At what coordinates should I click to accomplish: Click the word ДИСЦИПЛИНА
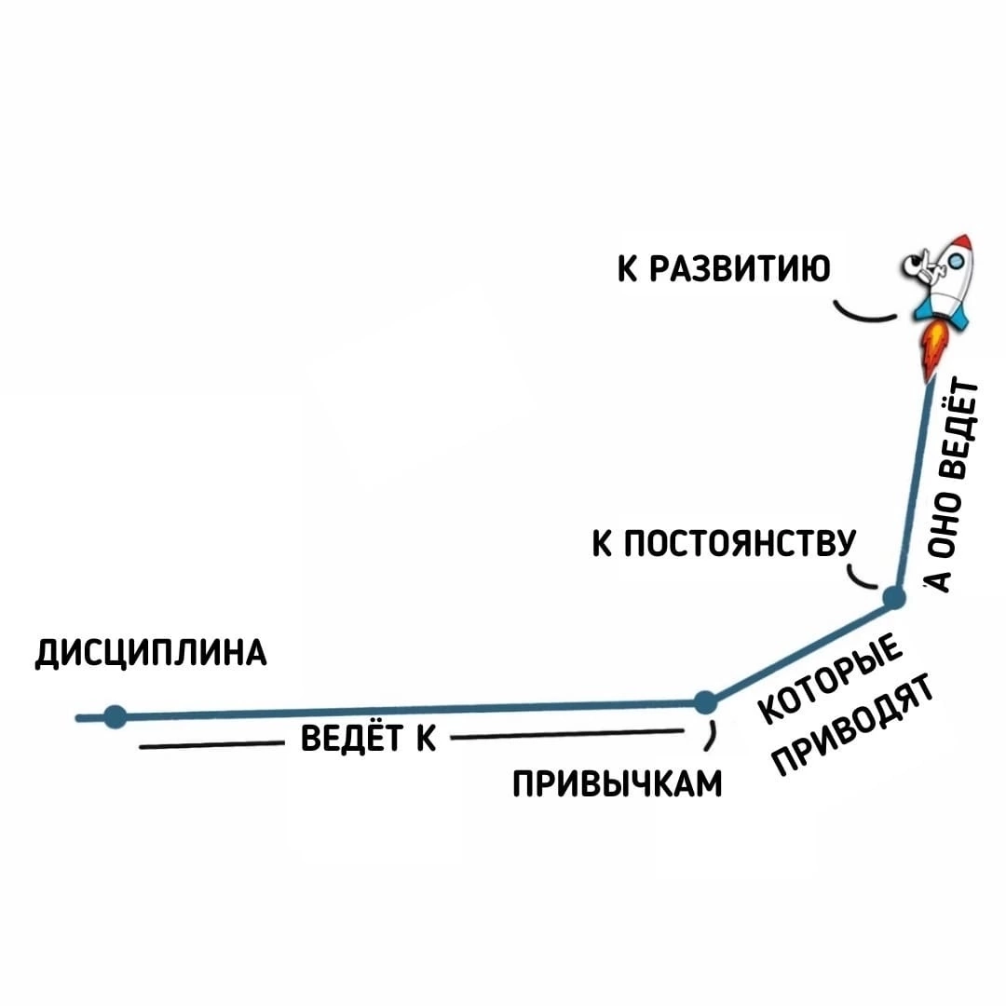[x=151, y=653]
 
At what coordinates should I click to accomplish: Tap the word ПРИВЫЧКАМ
[x=617, y=783]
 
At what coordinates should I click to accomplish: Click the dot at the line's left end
[x=115, y=716]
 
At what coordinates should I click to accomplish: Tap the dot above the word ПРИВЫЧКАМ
[x=705, y=700]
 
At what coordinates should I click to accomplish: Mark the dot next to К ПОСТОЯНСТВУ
[x=892, y=597]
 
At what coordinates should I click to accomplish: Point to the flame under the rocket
[x=932, y=352]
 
